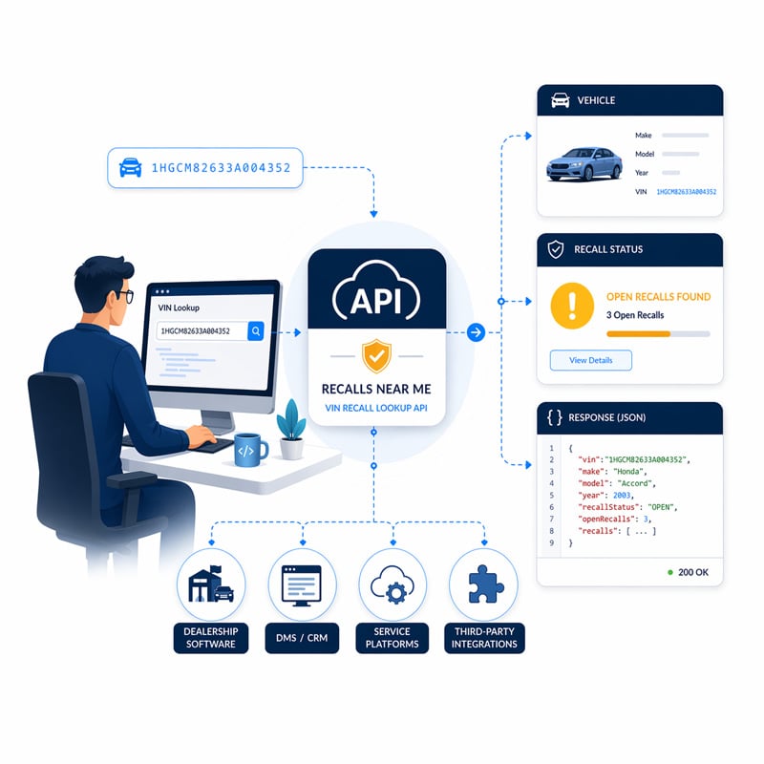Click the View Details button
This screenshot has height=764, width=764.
590,360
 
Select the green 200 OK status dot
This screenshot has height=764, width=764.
670,571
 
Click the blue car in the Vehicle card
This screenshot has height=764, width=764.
584,163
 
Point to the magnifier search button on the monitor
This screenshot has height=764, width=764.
255,330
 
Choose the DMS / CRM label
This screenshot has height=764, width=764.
302,637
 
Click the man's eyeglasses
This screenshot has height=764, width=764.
124,295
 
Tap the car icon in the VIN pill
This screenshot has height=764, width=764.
130,169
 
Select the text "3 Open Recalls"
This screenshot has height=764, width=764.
635,315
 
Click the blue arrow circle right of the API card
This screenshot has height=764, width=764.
476,332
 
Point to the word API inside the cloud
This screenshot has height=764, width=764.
377,301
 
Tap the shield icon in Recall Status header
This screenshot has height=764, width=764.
556,249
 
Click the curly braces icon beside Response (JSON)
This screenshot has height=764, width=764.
555,417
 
